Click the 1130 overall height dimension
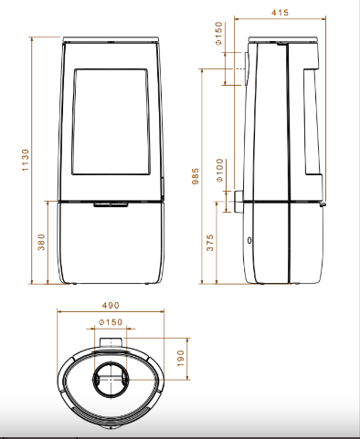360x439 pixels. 26,160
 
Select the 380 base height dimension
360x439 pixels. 41,242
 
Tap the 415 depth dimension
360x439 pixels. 280,13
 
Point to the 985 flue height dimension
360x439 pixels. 196,176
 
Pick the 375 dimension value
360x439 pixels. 210,243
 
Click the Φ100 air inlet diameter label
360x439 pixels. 220,171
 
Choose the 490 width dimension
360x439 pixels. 111,305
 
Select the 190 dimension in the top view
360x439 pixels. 181,359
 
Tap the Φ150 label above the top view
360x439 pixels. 111,322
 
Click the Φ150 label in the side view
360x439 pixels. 218,34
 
